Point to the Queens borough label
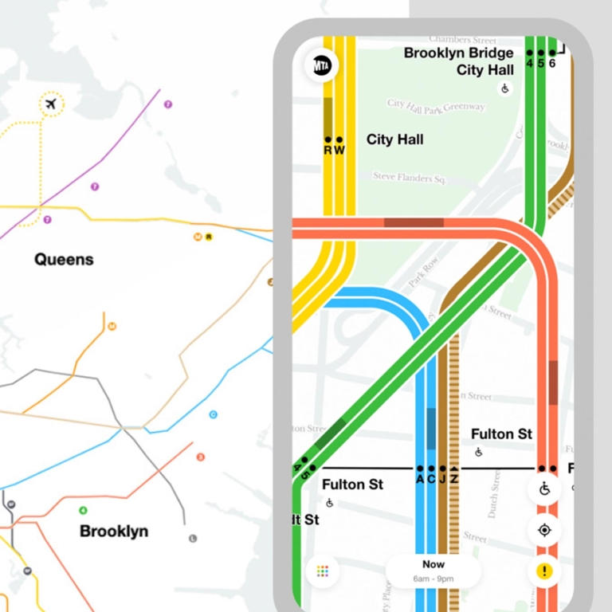(x=64, y=260)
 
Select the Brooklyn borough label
(x=114, y=532)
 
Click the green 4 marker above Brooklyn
(x=83, y=511)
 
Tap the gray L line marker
(x=193, y=539)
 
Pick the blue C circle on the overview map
(x=213, y=414)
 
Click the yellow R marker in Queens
(x=209, y=237)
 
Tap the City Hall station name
(x=394, y=140)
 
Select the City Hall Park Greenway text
(x=436, y=105)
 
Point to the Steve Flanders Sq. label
(x=409, y=178)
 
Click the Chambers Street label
(x=462, y=39)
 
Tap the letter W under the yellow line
(x=339, y=150)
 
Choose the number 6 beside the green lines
(x=552, y=64)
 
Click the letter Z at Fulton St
(x=453, y=479)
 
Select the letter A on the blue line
(x=420, y=479)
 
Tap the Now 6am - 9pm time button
(x=433, y=570)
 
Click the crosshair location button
(x=545, y=530)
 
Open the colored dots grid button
(x=323, y=571)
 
